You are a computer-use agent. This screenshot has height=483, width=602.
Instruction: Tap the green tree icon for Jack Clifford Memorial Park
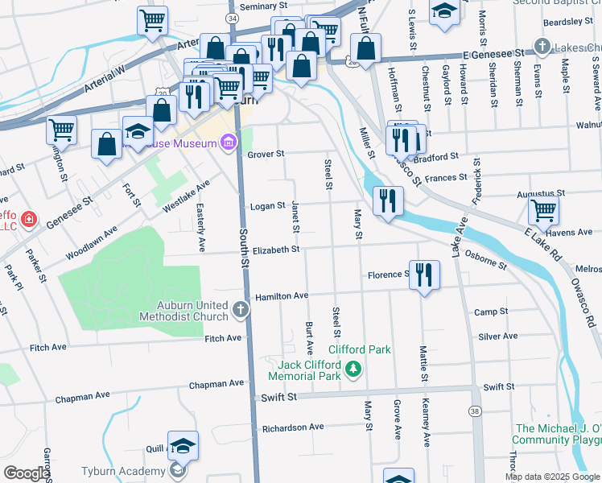[353, 369]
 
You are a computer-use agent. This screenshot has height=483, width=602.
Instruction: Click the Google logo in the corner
[26, 473]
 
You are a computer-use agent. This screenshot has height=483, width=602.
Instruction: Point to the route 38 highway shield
[475, 411]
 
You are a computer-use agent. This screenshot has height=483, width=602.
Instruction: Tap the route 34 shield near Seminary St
[233, 18]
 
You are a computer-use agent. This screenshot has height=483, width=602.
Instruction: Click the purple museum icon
[229, 143]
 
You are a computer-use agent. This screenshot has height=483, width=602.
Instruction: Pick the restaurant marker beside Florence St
[425, 275]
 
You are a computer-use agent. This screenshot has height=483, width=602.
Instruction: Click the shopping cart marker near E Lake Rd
[544, 211]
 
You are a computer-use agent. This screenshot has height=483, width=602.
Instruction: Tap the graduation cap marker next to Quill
[183, 445]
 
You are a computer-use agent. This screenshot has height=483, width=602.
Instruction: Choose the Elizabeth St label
[275, 250]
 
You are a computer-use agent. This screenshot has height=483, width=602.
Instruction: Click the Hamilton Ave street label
[282, 296]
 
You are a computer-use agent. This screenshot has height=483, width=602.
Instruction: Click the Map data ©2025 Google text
[552, 477]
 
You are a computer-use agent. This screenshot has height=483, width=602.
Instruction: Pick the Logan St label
[268, 205]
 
